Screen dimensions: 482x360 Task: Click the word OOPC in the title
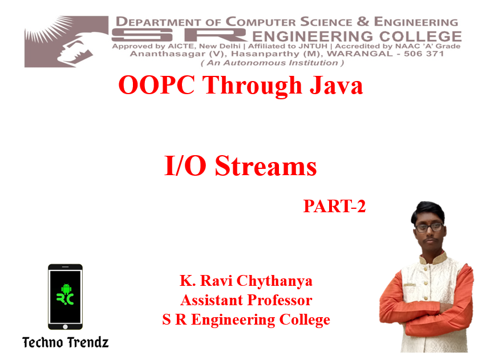156,85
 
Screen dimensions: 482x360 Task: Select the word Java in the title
337,85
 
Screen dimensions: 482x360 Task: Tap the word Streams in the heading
266,165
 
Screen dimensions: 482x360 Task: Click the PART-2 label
334,206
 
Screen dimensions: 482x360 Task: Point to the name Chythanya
274,281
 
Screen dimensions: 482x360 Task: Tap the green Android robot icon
66,289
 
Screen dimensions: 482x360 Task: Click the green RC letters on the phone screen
65,299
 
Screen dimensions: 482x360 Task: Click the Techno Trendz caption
66,342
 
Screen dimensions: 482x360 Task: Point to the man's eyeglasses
430,228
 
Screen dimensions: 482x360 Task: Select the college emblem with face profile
66,42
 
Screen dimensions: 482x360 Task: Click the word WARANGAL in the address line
360,54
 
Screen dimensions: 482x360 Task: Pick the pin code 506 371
424,54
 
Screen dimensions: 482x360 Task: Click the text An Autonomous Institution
272,63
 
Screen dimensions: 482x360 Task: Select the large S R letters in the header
179,35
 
